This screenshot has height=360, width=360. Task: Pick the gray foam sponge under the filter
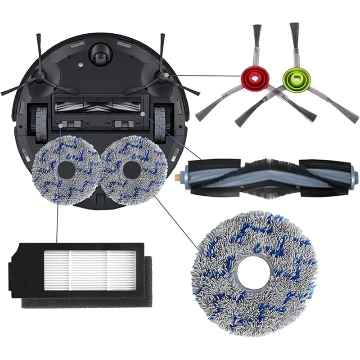tap(85, 302)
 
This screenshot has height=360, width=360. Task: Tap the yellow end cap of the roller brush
tap(184, 173)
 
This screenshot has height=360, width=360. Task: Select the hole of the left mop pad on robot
tap(67, 169)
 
